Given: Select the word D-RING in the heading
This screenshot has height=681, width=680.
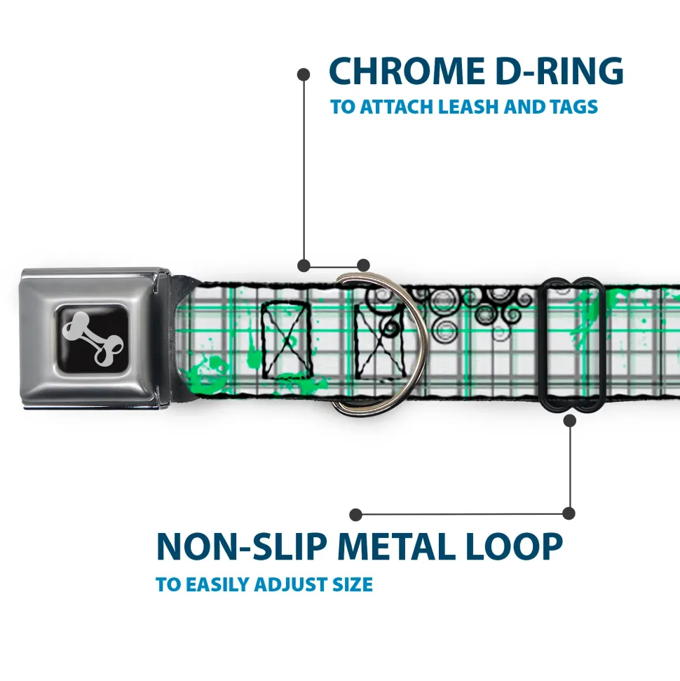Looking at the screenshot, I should pos(555,71).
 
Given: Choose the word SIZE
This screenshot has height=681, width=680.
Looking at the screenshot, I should pos(351,584).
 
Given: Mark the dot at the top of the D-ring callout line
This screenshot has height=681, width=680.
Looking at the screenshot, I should pos(304,73).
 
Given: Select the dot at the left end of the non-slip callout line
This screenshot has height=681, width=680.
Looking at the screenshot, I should pos(356,515).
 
